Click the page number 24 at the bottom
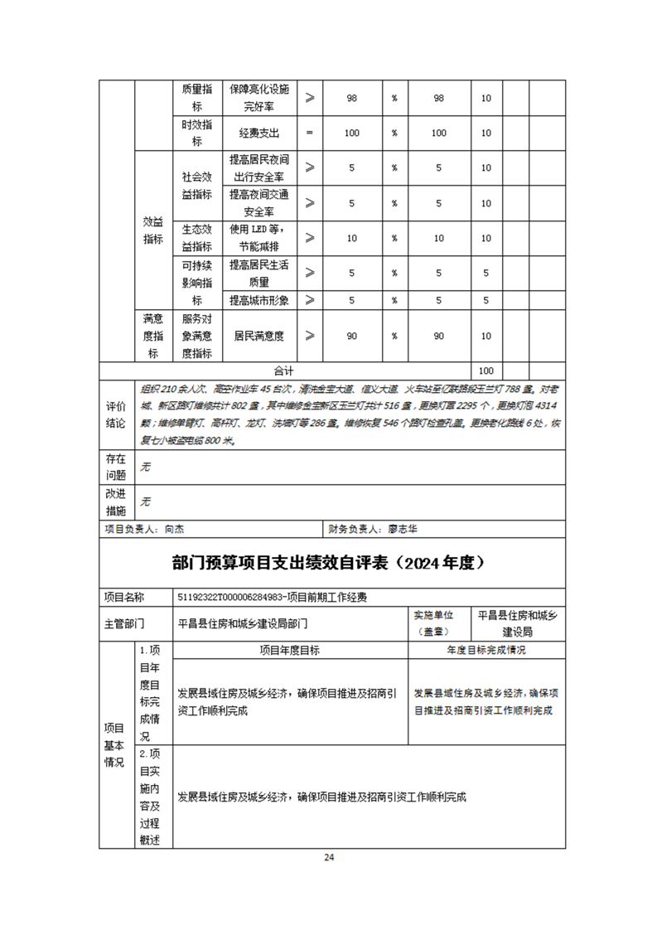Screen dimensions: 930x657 (329, 857)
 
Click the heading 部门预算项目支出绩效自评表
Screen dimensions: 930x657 (328, 563)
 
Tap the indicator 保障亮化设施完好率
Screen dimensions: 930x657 (259, 98)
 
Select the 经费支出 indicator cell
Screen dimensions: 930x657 (259, 133)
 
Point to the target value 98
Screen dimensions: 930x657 (351, 98)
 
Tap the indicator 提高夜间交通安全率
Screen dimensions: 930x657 (259, 203)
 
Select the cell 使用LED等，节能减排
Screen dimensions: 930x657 (259, 238)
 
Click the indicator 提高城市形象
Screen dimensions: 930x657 (259, 300)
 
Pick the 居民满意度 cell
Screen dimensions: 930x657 (259, 336)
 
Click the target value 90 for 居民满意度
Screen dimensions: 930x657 (351, 336)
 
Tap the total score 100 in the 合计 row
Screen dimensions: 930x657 (486, 371)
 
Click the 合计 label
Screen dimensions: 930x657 (284, 371)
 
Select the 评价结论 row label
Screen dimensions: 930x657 (116, 414)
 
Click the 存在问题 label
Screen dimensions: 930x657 (116, 467)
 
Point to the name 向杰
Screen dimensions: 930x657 (173, 528)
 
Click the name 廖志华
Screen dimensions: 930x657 (408, 528)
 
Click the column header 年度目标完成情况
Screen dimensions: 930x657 (486, 651)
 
